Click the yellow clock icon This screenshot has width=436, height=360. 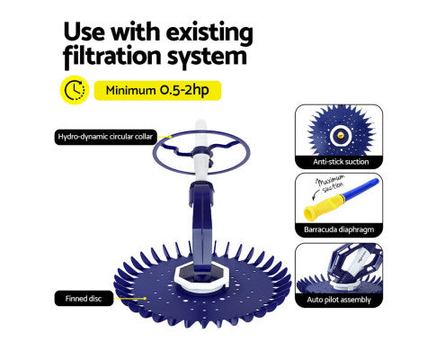[x=75, y=90]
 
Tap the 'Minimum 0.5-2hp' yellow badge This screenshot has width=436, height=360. [x=157, y=90]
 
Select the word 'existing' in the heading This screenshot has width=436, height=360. [x=209, y=32]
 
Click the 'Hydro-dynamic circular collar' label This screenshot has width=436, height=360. [x=105, y=137]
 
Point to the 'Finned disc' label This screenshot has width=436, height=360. [x=84, y=299]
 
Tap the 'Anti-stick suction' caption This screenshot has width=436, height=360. [x=341, y=162]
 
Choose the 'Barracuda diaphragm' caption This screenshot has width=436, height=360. [x=339, y=229]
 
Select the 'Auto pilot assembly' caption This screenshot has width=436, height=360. [x=339, y=300]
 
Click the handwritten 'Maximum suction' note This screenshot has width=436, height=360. [x=330, y=184]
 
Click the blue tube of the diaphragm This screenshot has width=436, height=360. [x=361, y=188]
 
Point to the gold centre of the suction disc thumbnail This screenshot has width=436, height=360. [x=340, y=135]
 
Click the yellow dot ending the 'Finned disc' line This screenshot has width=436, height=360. [x=145, y=299]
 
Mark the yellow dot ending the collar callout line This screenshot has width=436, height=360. [x=171, y=137]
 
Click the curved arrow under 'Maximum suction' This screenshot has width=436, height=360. [x=314, y=194]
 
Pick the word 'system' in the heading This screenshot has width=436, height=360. [x=207, y=57]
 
